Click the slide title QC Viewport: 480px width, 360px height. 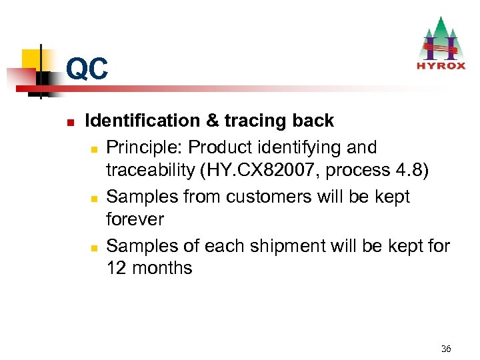(x=87, y=69)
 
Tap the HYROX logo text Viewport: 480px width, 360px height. (x=441, y=66)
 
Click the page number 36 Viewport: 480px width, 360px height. (x=446, y=349)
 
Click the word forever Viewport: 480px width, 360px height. (x=135, y=219)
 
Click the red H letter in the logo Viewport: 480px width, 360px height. (x=441, y=46)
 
